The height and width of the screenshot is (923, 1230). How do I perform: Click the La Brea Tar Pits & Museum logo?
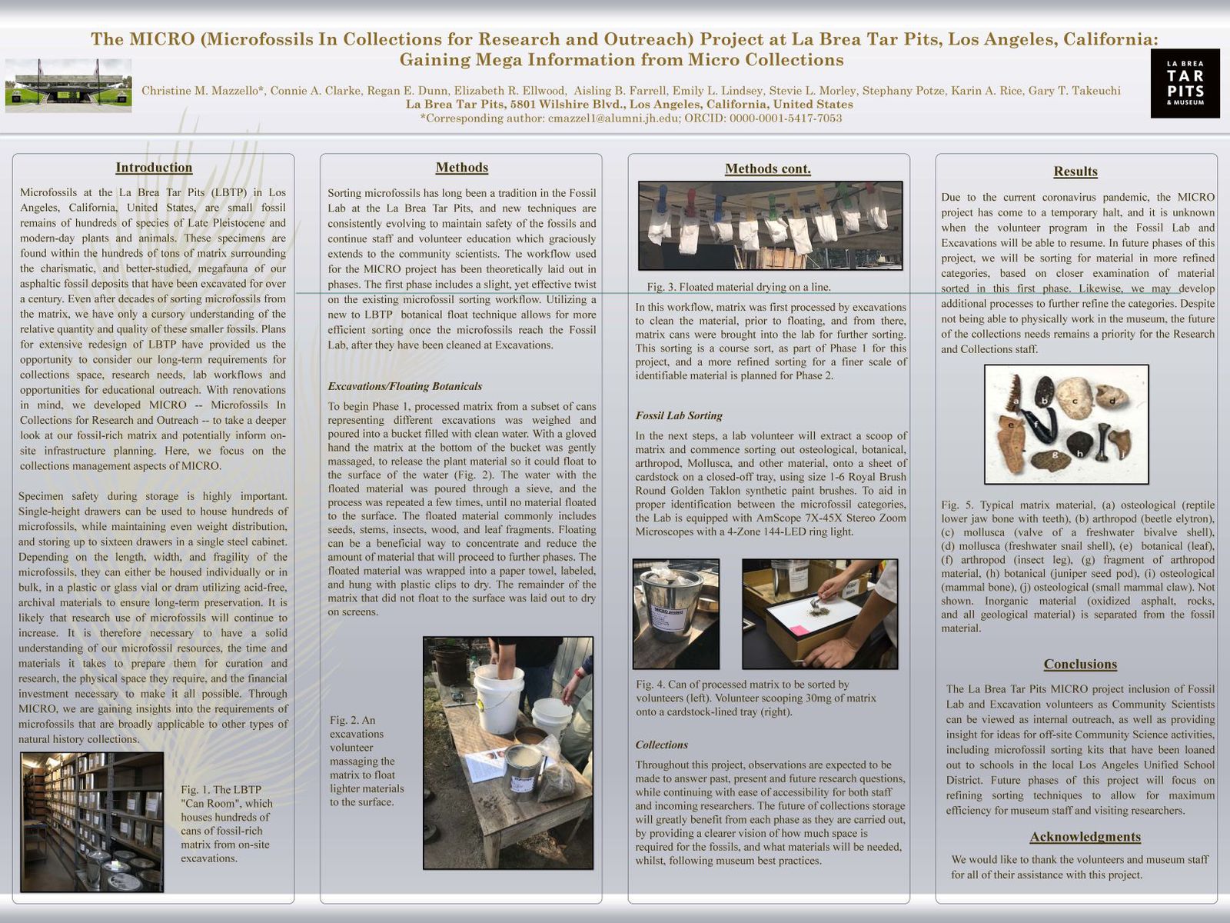[x=1185, y=83]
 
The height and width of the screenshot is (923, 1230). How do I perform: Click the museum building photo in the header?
[x=68, y=85]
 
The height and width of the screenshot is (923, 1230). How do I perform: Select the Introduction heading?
[x=154, y=168]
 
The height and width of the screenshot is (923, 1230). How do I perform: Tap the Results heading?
[x=1075, y=172]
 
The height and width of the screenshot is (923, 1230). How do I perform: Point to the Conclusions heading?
[x=1080, y=664]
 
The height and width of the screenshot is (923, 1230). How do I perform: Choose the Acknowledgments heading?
[x=1085, y=837]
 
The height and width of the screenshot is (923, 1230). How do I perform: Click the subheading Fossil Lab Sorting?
[x=679, y=416]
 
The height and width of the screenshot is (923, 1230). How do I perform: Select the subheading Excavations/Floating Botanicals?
[x=404, y=387]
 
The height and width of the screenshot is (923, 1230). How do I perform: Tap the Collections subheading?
[x=661, y=745]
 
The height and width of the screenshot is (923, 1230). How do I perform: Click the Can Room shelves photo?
[x=92, y=822]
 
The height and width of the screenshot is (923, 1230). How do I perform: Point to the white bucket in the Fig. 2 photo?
[x=498, y=698]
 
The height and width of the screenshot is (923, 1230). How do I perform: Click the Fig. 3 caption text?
[x=739, y=287]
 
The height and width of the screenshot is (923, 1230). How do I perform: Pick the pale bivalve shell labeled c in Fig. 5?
[x=1074, y=398]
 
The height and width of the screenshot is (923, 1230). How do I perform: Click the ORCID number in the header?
[x=786, y=118]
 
